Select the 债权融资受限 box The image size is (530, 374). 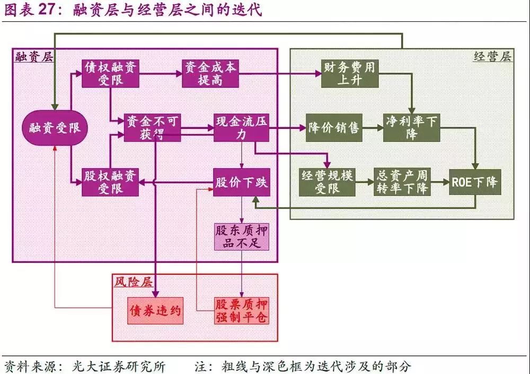[x=111, y=74]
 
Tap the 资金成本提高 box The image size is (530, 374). [x=210, y=74]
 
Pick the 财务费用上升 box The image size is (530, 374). [x=350, y=74]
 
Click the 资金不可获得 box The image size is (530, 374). [x=153, y=127]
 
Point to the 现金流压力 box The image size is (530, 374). [x=241, y=127]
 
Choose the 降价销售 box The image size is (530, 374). [x=334, y=127]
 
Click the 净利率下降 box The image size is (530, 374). [x=412, y=127]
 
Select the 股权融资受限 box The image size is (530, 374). [x=111, y=182]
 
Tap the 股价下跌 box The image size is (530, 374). [x=241, y=182]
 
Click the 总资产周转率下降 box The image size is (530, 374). [x=402, y=182]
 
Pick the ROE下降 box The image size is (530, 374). [x=474, y=182]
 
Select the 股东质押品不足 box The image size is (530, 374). [x=241, y=237]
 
